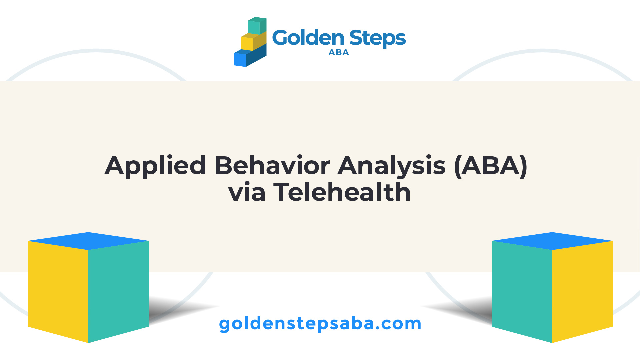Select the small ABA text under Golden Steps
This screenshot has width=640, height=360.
click(339, 52)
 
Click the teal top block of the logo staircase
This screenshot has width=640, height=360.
click(257, 26)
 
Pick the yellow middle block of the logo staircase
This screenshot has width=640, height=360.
click(254, 41)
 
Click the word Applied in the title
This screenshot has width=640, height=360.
click(155, 166)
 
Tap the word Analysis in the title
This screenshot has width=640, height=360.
click(392, 166)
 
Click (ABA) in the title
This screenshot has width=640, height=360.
click(491, 166)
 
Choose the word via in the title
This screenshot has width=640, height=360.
click(247, 192)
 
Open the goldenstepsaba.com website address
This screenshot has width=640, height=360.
click(320, 324)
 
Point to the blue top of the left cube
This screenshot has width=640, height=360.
click(88, 241)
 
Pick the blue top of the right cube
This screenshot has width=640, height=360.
click(552, 241)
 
